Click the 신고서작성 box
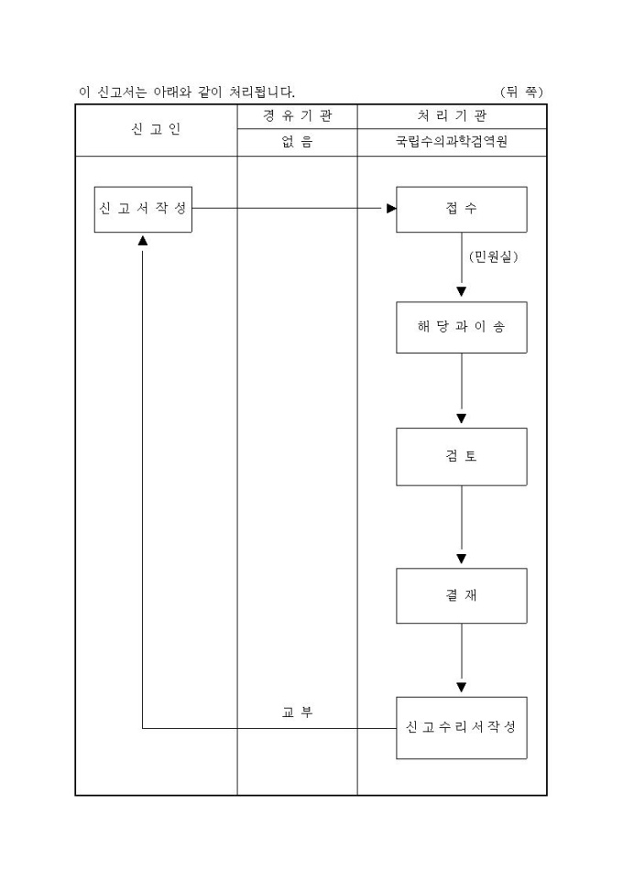point(143,209)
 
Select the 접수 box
point(461,209)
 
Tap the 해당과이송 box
point(461,327)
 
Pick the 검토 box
point(461,456)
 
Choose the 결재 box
point(461,595)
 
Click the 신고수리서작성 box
point(461,727)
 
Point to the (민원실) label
point(493,257)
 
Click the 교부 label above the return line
point(297,712)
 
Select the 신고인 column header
point(156,129)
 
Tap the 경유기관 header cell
point(297,116)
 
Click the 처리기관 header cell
point(452,116)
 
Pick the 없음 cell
point(297,143)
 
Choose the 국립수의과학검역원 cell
point(452,143)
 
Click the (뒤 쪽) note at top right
point(522,92)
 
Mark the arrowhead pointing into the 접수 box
point(391,209)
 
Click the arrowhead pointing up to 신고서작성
point(143,240)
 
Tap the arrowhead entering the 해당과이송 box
point(461,292)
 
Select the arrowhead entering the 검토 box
point(461,419)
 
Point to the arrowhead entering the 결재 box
point(461,559)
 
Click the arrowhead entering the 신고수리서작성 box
point(461,687)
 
